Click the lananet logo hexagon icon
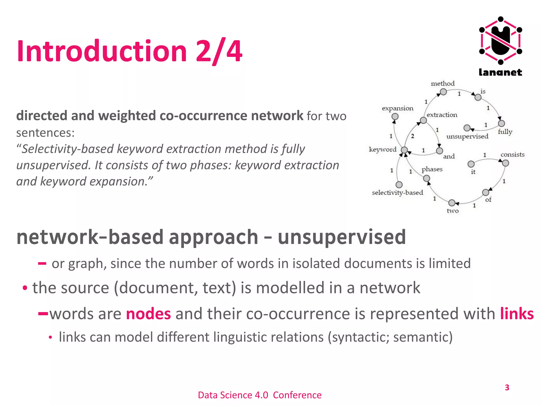coord(500,40)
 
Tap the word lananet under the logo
coord(500,72)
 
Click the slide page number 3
coord(507,387)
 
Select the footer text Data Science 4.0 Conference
coord(260,395)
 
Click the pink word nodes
coord(148,314)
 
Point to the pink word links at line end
coord(517,314)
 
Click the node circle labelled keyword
coord(404,150)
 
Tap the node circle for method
coord(443,92)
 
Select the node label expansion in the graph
coord(397,108)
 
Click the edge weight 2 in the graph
coord(412,136)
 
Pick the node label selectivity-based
coord(397,192)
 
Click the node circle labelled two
coord(452,203)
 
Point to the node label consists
coord(512,154)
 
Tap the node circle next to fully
coord(501,123)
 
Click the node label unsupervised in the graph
coord(467,136)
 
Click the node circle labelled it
coord(471,164)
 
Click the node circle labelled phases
coord(426,178)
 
